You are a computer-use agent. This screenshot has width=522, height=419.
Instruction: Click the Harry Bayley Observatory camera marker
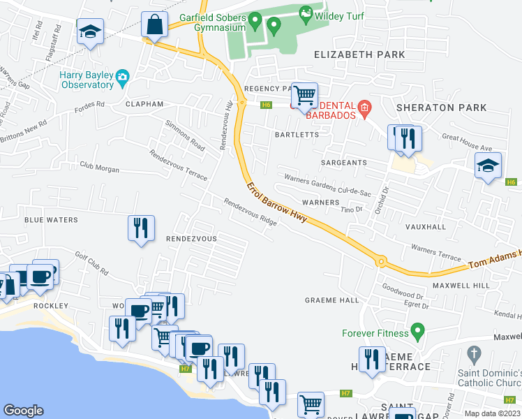coord(123,76)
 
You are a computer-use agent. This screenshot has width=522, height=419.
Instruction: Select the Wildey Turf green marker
coord(305,13)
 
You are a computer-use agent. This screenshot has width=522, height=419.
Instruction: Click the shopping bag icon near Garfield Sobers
coord(154,25)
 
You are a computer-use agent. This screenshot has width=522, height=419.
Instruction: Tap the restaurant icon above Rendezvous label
coord(141,228)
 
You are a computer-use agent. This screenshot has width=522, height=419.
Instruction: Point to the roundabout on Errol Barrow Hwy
coord(380,262)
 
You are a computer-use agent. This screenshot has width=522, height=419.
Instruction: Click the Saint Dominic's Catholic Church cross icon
coord(474,353)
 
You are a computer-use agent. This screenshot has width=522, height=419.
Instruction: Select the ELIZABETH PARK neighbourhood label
coord(359,54)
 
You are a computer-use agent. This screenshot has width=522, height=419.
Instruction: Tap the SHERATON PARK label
coord(431,108)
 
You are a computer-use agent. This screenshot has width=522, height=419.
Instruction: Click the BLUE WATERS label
coord(51,219)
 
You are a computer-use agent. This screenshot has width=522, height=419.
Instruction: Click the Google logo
coord(24,411)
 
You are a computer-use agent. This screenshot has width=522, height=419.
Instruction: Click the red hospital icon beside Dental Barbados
coord(364,108)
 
